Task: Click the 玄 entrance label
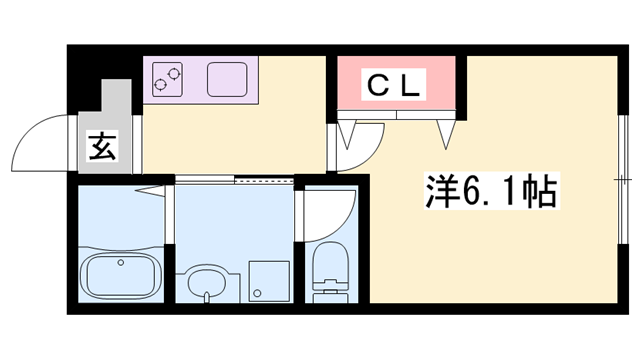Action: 104,148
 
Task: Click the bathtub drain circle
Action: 121,262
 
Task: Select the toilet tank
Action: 328,294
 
